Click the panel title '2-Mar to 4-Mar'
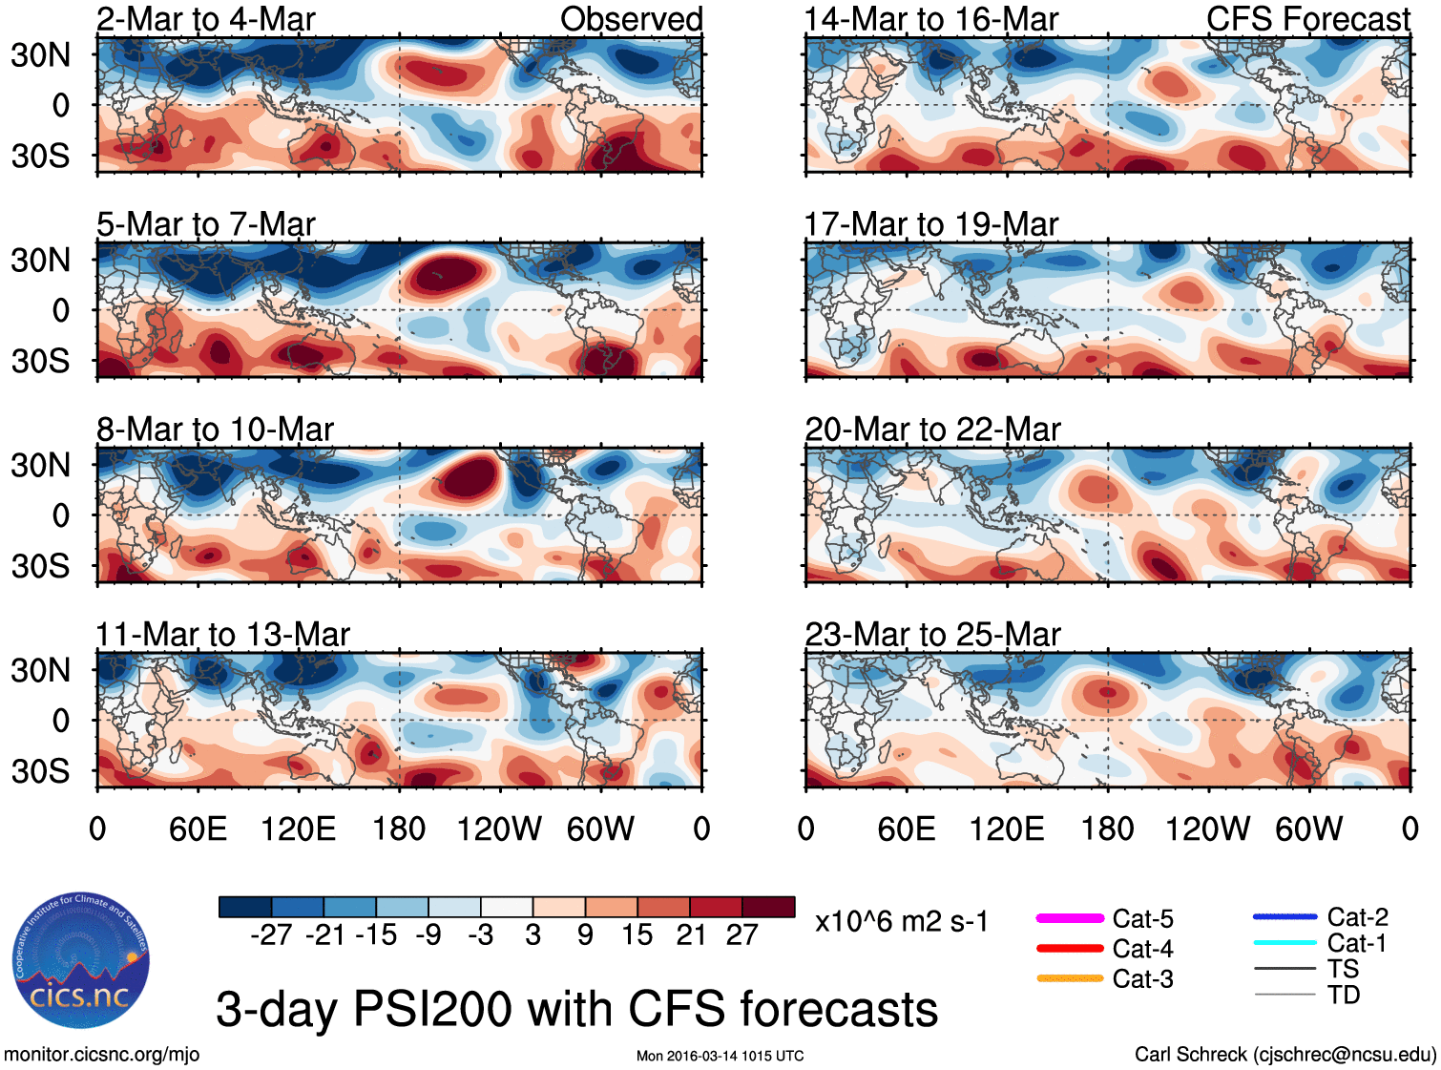(x=205, y=19)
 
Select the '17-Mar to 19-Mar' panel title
(x=930, y=224)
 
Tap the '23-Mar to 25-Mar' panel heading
(x=932, y=635)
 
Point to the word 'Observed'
(x=631, y=19)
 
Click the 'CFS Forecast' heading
(x=1307, y=19)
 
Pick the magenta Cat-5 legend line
(x=1070, y=918)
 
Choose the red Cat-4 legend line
(x=1070, y=949)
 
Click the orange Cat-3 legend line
(x=1070, y=978)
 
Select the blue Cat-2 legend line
(x=1284, y=917)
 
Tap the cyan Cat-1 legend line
(x=1284, y=943)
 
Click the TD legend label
(x=1344, y=995)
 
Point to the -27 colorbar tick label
(x=271, y=934)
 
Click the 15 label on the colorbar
(x=637, y=934)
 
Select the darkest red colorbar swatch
(x=768, y=907)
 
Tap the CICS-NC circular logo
(x=80, y=961)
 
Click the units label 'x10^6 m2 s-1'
(x=901, y=922)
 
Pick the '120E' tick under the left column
(x=298, y=829)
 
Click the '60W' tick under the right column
(x=1308, y=829)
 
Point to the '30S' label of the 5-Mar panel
(x=40, y=361)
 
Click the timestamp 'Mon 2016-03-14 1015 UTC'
(x=720, y=1056)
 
